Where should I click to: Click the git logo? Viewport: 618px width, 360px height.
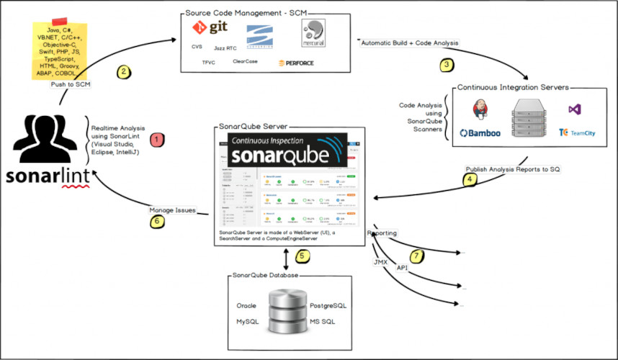click(209, 29)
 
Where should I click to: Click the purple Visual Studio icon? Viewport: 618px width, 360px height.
click(574, 109)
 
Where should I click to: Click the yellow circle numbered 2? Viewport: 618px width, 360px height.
click(124, 71)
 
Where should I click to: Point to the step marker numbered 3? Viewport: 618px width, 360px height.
click(447, 64)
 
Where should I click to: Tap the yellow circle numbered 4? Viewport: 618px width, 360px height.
click(470, 180)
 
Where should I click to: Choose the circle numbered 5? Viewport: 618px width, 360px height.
click(303, 256)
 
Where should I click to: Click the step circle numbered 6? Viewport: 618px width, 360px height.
click(158, 222)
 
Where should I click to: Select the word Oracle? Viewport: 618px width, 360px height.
click(246, 305)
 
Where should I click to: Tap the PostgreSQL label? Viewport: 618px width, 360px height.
click(328, 305)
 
